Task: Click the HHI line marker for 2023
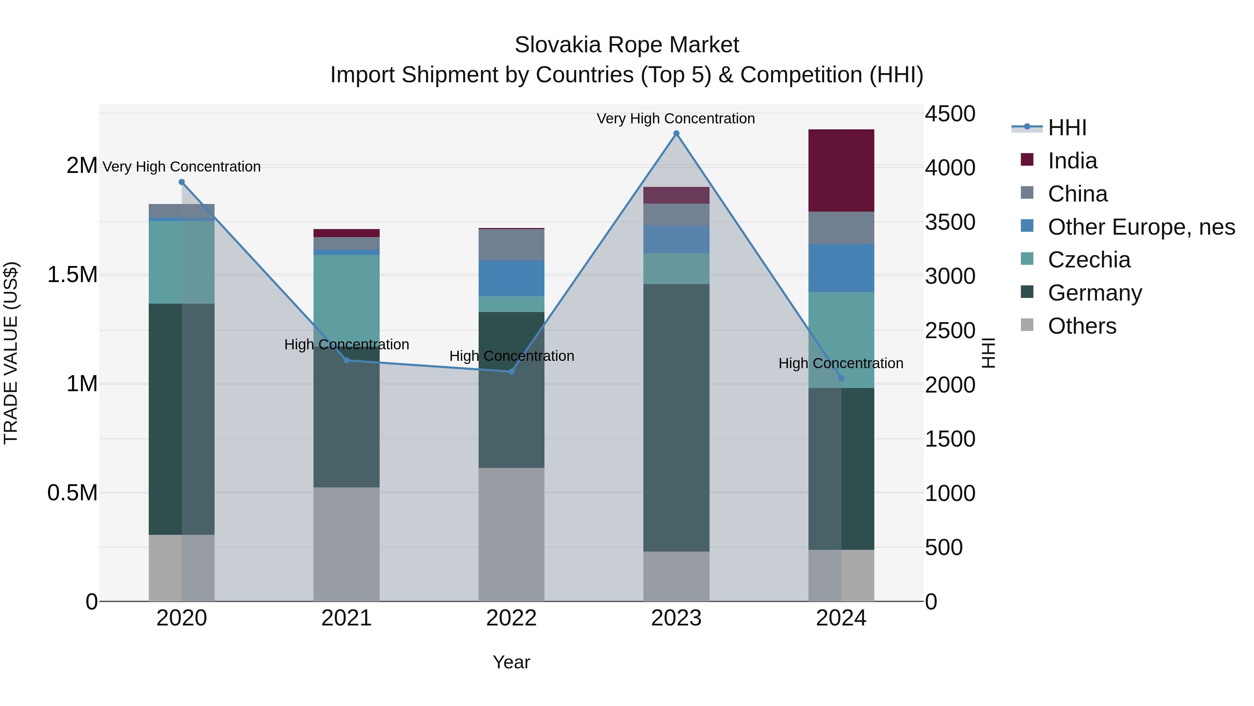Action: (x=676, y=134)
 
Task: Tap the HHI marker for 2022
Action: (x=511, y=372)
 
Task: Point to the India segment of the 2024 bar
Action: (x=841, y=170)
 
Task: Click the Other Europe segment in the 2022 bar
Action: (x=511, y=278)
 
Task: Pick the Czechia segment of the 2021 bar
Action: (x=346, y=297)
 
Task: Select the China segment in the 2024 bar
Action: (x=841, y=228)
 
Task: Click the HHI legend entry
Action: (x=1067, y=128)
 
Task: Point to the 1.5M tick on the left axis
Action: (x=72, y=275)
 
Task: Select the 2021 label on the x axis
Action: (x=346, y=618)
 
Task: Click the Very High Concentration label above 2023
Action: (x=676, y=119)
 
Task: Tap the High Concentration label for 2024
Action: (x=841, y=364)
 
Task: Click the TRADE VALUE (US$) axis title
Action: (x=11, y=353)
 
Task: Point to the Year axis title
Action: (x=511, y=662)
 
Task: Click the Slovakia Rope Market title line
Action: (x=627, y=45)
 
